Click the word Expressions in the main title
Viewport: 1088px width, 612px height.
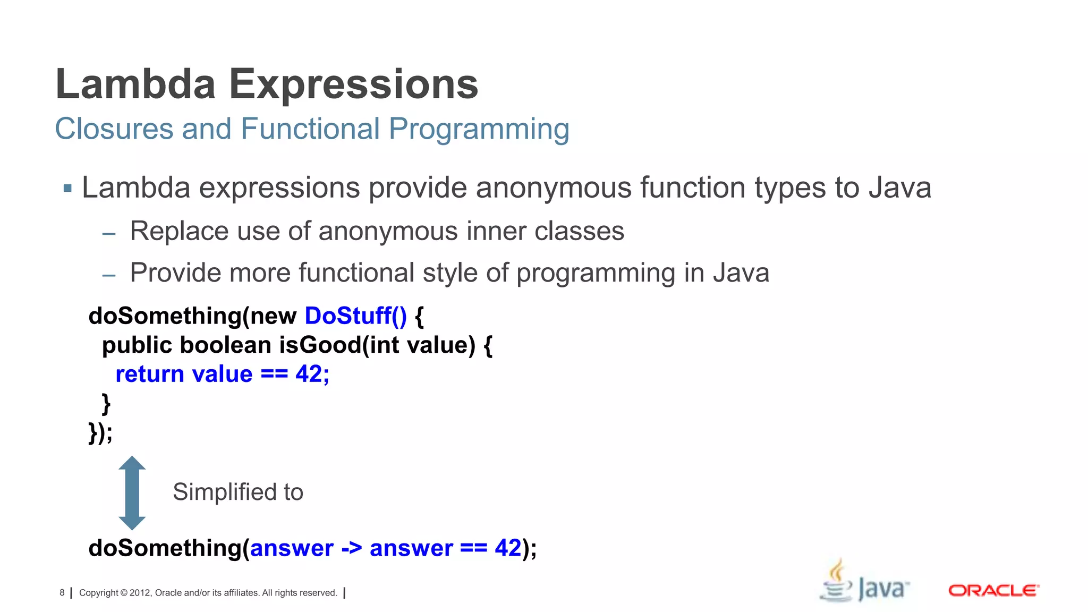tap(353, 84)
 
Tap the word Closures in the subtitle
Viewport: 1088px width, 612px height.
tap(114, 129)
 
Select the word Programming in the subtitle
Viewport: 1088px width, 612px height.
tap(479, 129)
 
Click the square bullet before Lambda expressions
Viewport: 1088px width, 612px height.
tap(67, 188)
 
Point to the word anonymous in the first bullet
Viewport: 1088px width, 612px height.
tap(552, 188)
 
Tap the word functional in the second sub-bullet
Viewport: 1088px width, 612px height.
tap(356, 273)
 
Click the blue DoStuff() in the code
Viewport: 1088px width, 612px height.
tap(355, 316)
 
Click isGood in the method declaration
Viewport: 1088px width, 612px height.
tap(320, 345)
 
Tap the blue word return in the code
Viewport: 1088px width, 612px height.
tap(150, 375)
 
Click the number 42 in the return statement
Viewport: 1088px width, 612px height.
tap(309, 375)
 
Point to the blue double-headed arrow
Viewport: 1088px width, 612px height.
tap(132, 493)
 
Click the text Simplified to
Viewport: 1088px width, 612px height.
tap(237, 492)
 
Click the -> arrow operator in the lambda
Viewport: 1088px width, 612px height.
tap(351, 548)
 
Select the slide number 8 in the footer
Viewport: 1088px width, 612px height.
tap(62, 593)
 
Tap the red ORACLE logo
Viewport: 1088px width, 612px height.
tap(993, 591)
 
